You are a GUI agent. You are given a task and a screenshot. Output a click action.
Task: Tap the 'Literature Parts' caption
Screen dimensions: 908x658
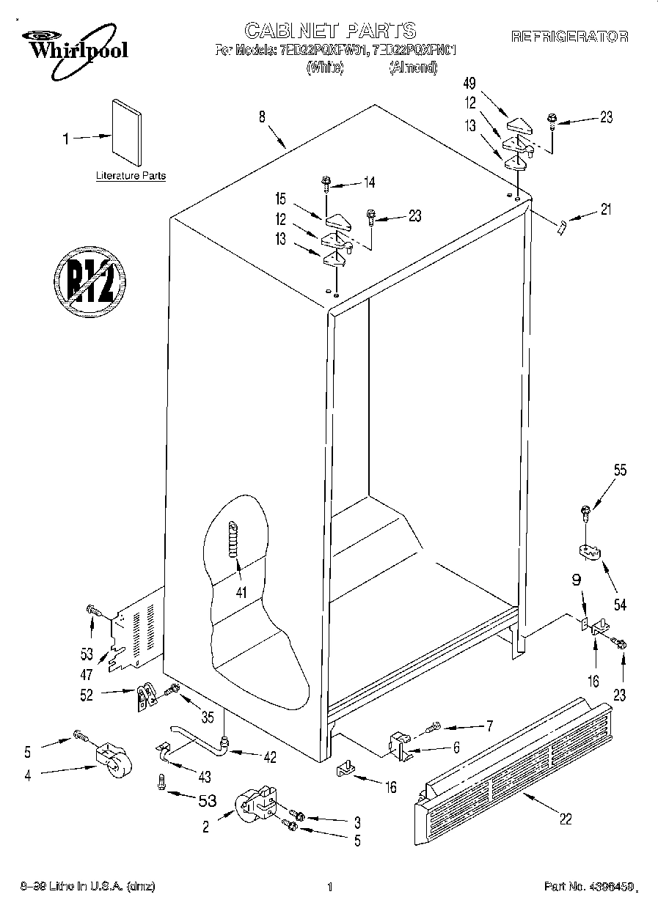coord(131,176)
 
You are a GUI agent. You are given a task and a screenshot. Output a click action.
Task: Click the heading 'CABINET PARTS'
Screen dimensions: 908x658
coord(329,31)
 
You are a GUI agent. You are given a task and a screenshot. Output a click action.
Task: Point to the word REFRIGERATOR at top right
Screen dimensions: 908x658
coord(569,36)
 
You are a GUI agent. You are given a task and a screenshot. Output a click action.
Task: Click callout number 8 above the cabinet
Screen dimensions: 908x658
coord(261,115)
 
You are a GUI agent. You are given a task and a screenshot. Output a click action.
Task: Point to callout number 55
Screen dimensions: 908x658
coord(620,472)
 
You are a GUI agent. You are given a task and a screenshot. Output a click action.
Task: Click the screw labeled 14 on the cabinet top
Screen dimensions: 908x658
coord(326,183)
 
